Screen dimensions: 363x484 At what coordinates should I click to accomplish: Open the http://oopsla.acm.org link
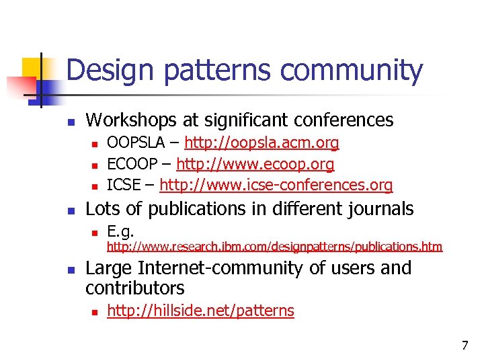click(261, 143)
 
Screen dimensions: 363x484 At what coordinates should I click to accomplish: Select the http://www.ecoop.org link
click(255, 163)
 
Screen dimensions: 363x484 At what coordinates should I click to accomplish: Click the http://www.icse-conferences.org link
click(276, 184)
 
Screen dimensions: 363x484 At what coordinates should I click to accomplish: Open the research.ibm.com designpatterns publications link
click(274, 247)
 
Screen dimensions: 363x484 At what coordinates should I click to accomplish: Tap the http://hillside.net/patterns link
click(200, 311)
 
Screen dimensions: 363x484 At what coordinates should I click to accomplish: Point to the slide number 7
click(464, 346)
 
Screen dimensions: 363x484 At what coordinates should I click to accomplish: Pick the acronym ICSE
click(124, 184)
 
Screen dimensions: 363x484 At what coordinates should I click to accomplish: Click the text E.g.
click(120, 232)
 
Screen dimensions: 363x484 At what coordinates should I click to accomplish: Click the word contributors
click(134, 288)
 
